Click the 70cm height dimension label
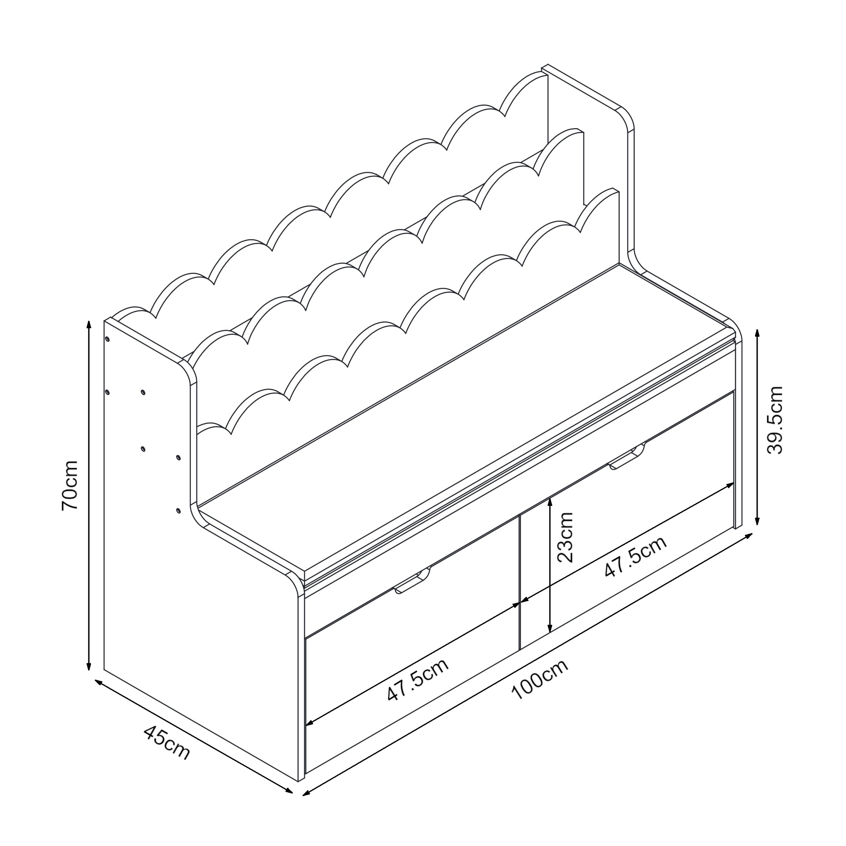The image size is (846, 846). coord(70,485)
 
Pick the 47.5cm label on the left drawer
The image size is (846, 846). coord(418,685)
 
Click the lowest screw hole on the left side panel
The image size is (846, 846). coord(178,511)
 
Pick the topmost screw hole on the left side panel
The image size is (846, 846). coord(107,339)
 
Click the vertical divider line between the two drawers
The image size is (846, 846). coord(519,582)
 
